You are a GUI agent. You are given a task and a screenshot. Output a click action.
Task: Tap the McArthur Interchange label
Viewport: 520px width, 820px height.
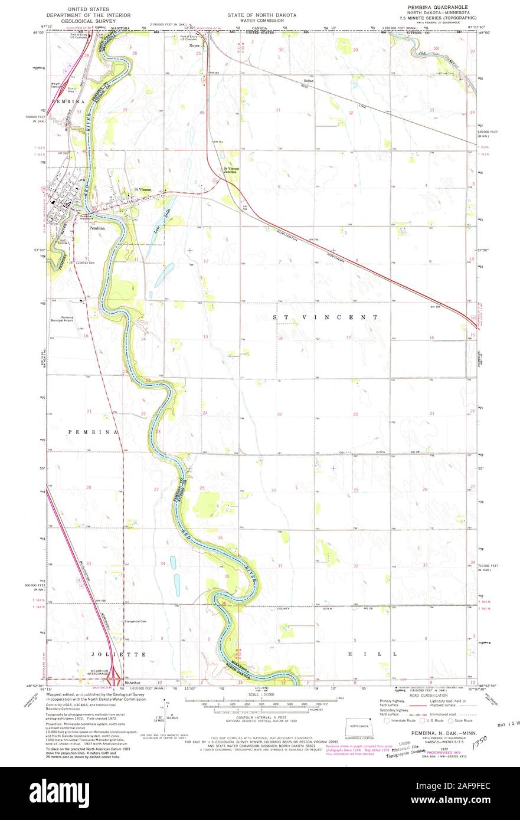click(99, 672)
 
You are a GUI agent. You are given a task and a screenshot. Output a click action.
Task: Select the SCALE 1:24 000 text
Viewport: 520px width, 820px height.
click(259, 695)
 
